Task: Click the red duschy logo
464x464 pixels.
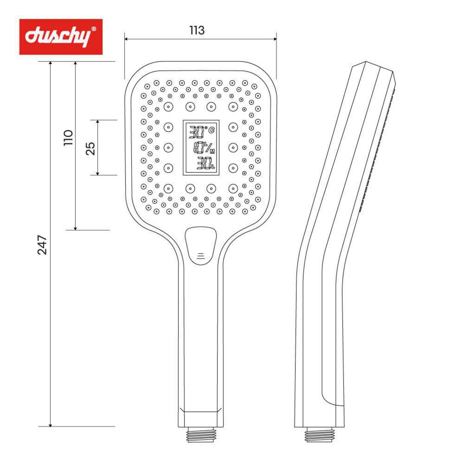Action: [x=61, y=37]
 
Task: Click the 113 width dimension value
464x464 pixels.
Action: [x=197, y=30]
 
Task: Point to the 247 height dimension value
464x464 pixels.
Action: [x=42, y=245]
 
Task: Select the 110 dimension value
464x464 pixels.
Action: [x=68, y=138]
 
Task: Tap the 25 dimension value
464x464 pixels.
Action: [x=90, y=148]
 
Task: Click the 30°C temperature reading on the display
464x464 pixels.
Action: [x=201, y=132]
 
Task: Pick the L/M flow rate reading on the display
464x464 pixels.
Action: [x=204, y=148]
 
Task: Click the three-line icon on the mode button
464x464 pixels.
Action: [x=201, y=256]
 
